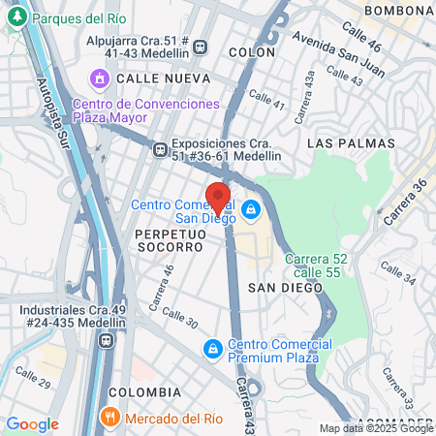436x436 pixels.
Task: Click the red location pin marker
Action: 218,198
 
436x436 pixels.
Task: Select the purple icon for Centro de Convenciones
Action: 99,78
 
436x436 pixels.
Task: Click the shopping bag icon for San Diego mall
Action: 251,208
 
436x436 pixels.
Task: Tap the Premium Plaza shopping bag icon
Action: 212,348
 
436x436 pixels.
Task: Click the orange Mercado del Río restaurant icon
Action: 109,418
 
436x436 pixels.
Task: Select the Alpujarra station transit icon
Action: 201,46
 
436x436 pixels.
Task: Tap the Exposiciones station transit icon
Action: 160,148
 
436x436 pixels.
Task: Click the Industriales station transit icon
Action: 106,340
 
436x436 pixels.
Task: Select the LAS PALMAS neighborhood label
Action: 351,142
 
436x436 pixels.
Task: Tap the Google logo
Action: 32,424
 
